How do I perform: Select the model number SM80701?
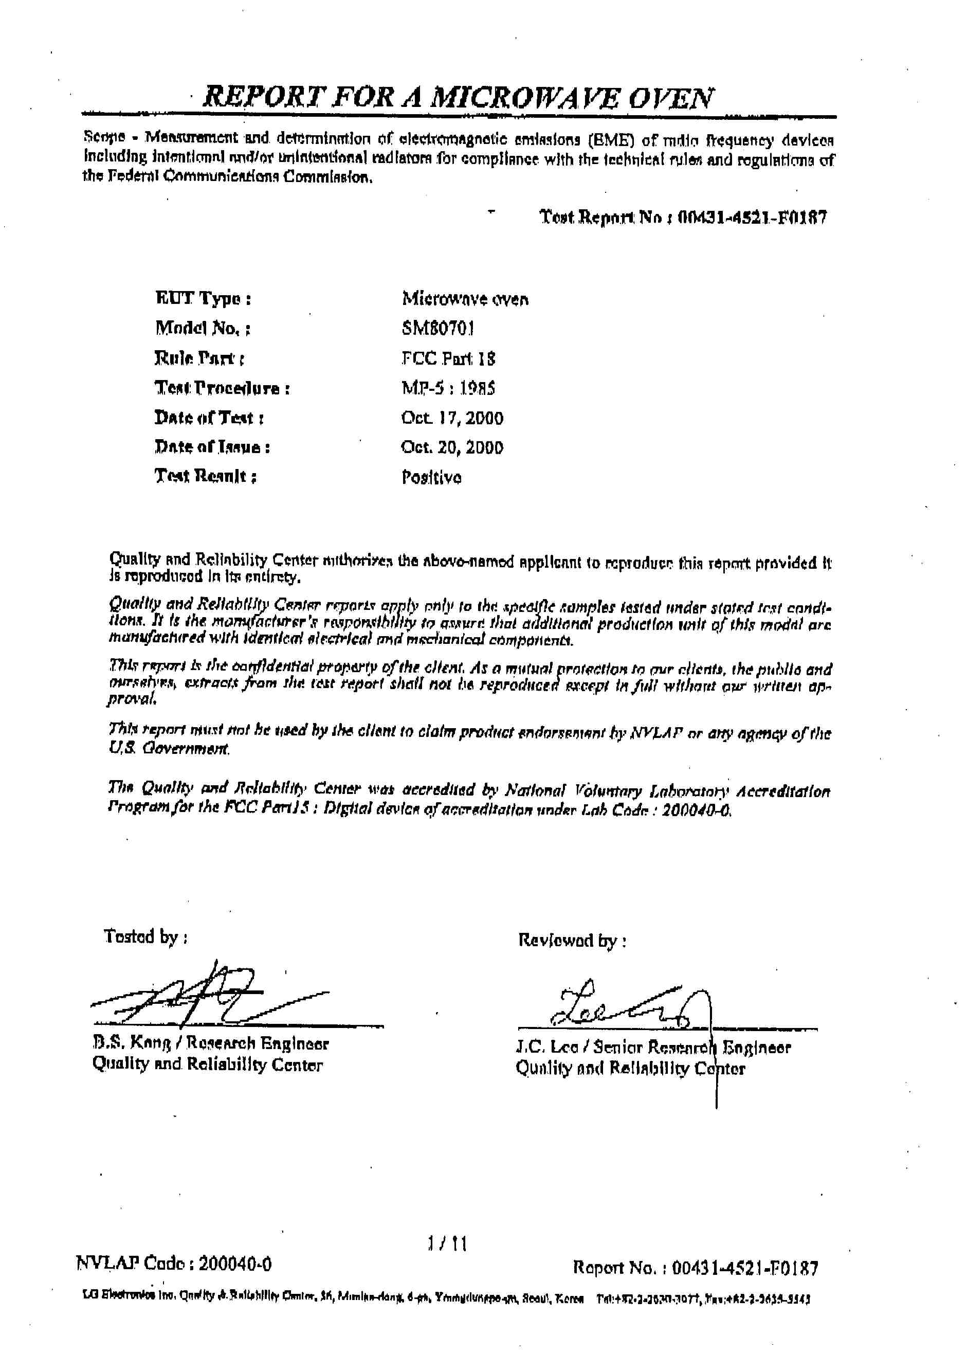coord(437,328)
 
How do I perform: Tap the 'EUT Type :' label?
coord(203,298)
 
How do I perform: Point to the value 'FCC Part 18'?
coord(448,358)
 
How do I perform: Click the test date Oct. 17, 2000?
coord(452,418)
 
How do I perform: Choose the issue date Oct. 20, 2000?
coord(452,447)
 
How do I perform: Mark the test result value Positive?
coord(431,477)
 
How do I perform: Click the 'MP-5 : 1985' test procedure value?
coord(448,388)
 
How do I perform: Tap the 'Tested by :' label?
coord(146,937)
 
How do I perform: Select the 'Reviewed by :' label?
coord(572,940)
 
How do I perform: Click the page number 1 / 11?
coord(447,1243)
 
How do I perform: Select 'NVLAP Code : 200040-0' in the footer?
coord(174,1264)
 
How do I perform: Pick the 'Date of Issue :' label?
coord(212,447)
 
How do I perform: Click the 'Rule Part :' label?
coord(199,358)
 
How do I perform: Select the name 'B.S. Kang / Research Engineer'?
coord(210,1043)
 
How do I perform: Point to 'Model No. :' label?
coord(203,328)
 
